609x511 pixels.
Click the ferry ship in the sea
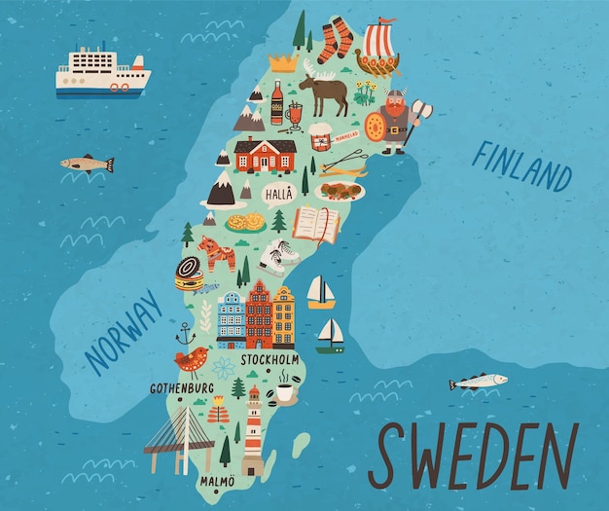pyautogui.click(x=102, y=72)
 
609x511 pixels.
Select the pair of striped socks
pyautogui.click(x=335, y=40)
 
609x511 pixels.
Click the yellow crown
pyautogui.click(x=282, y=62)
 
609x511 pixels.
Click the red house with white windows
pyautogui.click(x=265, y=154)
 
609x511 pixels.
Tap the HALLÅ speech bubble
pyautogui.click(x=279, y=193)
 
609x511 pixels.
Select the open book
pyautogui.click(x=316, y=225)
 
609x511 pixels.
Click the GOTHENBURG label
pyautogui.click(x=181, y=387)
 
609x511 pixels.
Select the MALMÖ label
pyautogui.click(x=217, y=480)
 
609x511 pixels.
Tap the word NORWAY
pyautogui.click(x=123, y=332)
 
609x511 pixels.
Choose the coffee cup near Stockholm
pyautogui.click(x=284, y=391)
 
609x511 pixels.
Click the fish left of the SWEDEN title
pyautogui.click(x=478, y=382)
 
